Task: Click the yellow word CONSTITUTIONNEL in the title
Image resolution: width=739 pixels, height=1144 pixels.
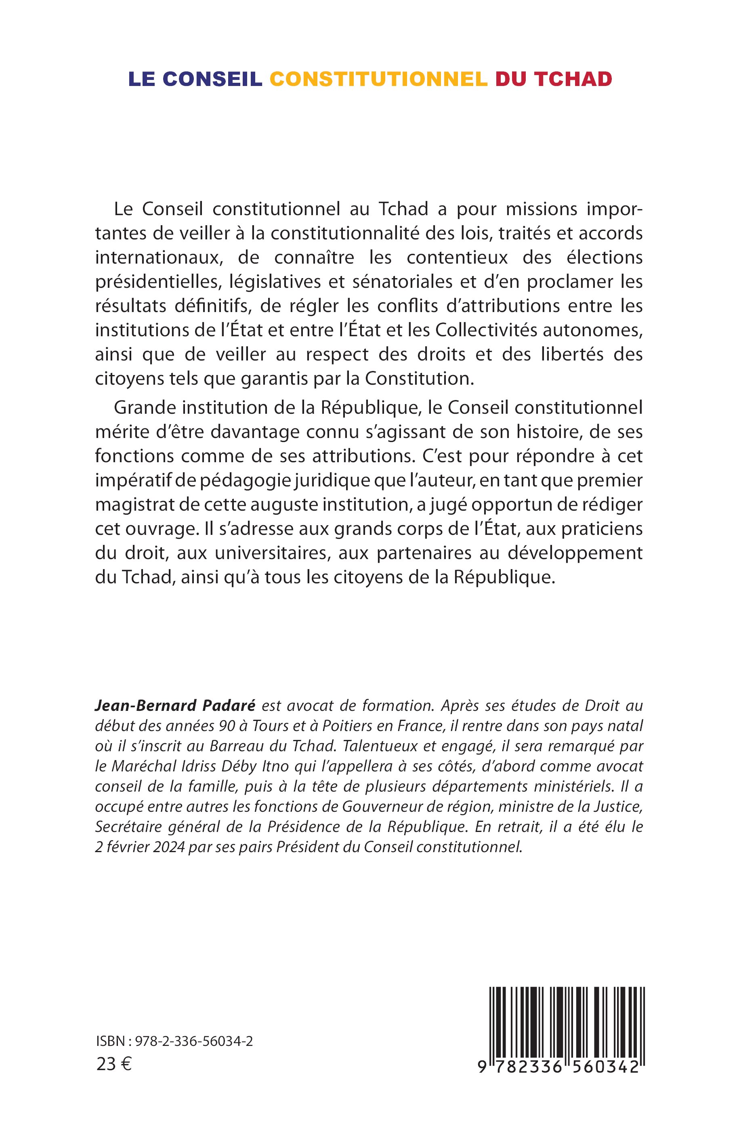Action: point(379,79)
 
